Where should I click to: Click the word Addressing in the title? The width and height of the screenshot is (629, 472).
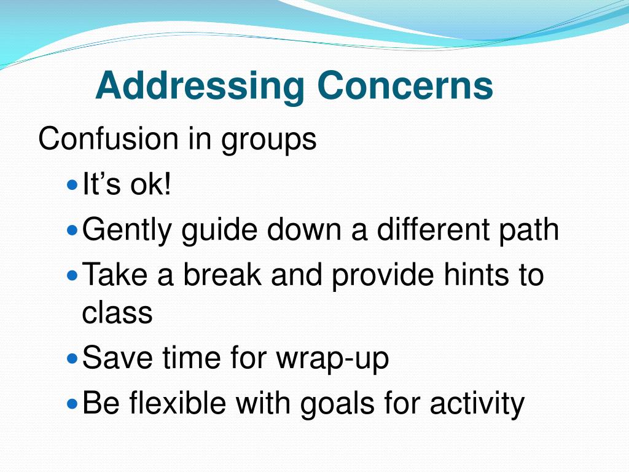pos(200,86)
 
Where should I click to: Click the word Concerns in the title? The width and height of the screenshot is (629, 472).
pos(405,86)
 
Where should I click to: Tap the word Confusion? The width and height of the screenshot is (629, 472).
pos(108,139)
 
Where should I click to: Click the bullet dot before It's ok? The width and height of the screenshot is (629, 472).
pos(72,184)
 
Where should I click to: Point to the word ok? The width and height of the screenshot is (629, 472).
pos(150,185)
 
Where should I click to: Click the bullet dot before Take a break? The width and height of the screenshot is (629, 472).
pos(72,275)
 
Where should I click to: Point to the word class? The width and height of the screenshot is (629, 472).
pos(117,313)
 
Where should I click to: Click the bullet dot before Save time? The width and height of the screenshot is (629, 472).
pos(72,358)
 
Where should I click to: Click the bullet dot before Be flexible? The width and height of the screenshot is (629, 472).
pos(72,404)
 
